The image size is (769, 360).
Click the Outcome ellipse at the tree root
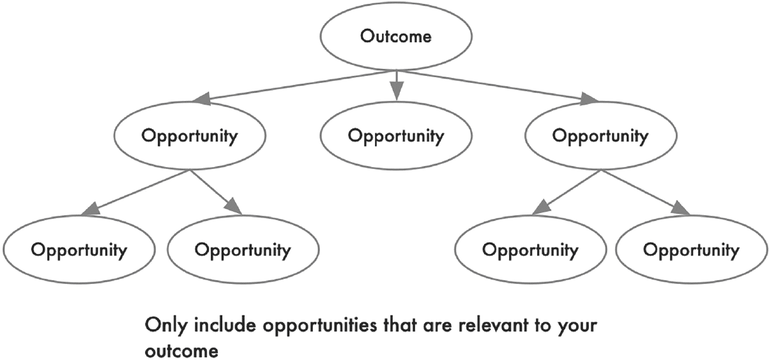coord(396,36)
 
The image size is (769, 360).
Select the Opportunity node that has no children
coord(396,135)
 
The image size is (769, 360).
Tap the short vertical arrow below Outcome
coord(397,86)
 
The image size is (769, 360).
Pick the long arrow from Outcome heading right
coord(500,86)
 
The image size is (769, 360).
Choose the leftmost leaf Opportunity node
coord(79,250)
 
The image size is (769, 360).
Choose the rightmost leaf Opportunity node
coord(691,250)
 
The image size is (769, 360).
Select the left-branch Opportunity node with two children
coord(190,135)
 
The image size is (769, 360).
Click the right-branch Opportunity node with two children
coord(601,135)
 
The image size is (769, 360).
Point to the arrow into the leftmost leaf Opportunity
coord(135,193)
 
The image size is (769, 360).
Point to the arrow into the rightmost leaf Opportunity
coord(645,192)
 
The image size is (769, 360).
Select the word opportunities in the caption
coord(320,326)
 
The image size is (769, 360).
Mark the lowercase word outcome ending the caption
coord(181,351)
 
